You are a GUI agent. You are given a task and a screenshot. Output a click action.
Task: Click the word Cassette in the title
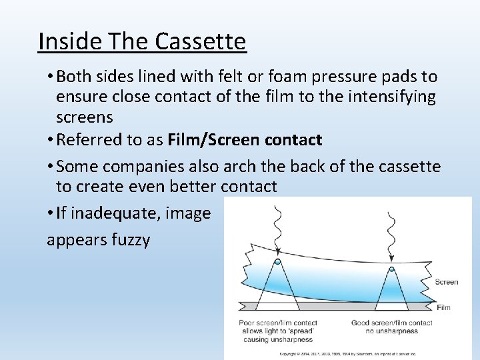[201, 41]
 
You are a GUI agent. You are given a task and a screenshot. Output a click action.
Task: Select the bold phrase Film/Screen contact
[245, 140]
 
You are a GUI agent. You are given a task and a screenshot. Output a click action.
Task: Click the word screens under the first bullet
[85, 117]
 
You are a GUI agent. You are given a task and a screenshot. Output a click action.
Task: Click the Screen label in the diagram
[446, 282]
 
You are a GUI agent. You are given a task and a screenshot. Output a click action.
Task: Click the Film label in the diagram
[444, 307]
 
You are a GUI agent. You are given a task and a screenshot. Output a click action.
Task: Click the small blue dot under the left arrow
[278, 262]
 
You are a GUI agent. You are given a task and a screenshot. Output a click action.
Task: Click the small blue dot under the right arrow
[391, 269]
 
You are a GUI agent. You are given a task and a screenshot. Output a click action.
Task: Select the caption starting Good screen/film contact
[391, 327]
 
